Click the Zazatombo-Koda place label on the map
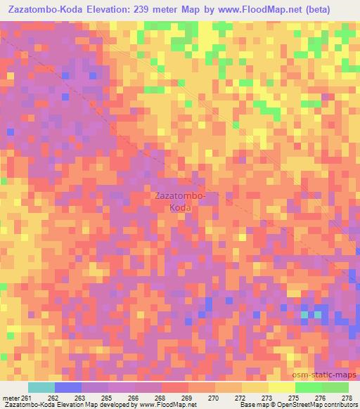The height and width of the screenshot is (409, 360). [179, 202]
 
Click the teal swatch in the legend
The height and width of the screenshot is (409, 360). [41, 388]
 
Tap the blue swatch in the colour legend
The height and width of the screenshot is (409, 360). [68, 388]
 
